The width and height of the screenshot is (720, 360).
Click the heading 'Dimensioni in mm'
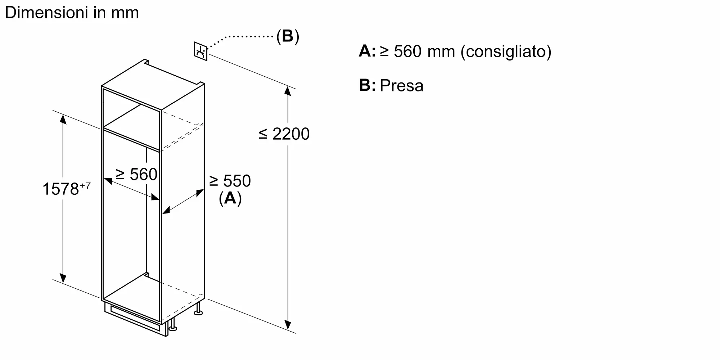(x=72, y=13)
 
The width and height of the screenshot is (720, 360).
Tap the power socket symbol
(x=201, y=51)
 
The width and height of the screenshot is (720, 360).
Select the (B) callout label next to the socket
(x=288, y=36)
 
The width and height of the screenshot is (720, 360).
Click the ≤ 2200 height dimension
(x=284, y=134)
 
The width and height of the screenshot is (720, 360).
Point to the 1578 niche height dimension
(x=60, y=189)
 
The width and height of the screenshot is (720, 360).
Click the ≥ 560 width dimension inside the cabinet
(x=136, y=175)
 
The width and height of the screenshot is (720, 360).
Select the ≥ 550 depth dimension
(x=230, y=181)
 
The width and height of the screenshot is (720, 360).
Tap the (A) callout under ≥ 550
(x=230, y=198)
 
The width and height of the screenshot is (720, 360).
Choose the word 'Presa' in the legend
(x=401, y=86)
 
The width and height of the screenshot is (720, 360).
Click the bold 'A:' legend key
(x=367, y=51)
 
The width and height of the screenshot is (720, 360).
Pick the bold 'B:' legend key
(x=367, y=85)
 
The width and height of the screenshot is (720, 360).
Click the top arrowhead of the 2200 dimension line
(x=287, y=90)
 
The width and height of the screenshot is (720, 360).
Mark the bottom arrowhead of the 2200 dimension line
(x=288, y=325)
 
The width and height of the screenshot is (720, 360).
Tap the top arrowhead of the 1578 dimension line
(x=63, y=118)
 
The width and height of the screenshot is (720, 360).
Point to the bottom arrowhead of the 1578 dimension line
(x=63, y=278)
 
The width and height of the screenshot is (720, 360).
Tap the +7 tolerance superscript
(x=85, y=185)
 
